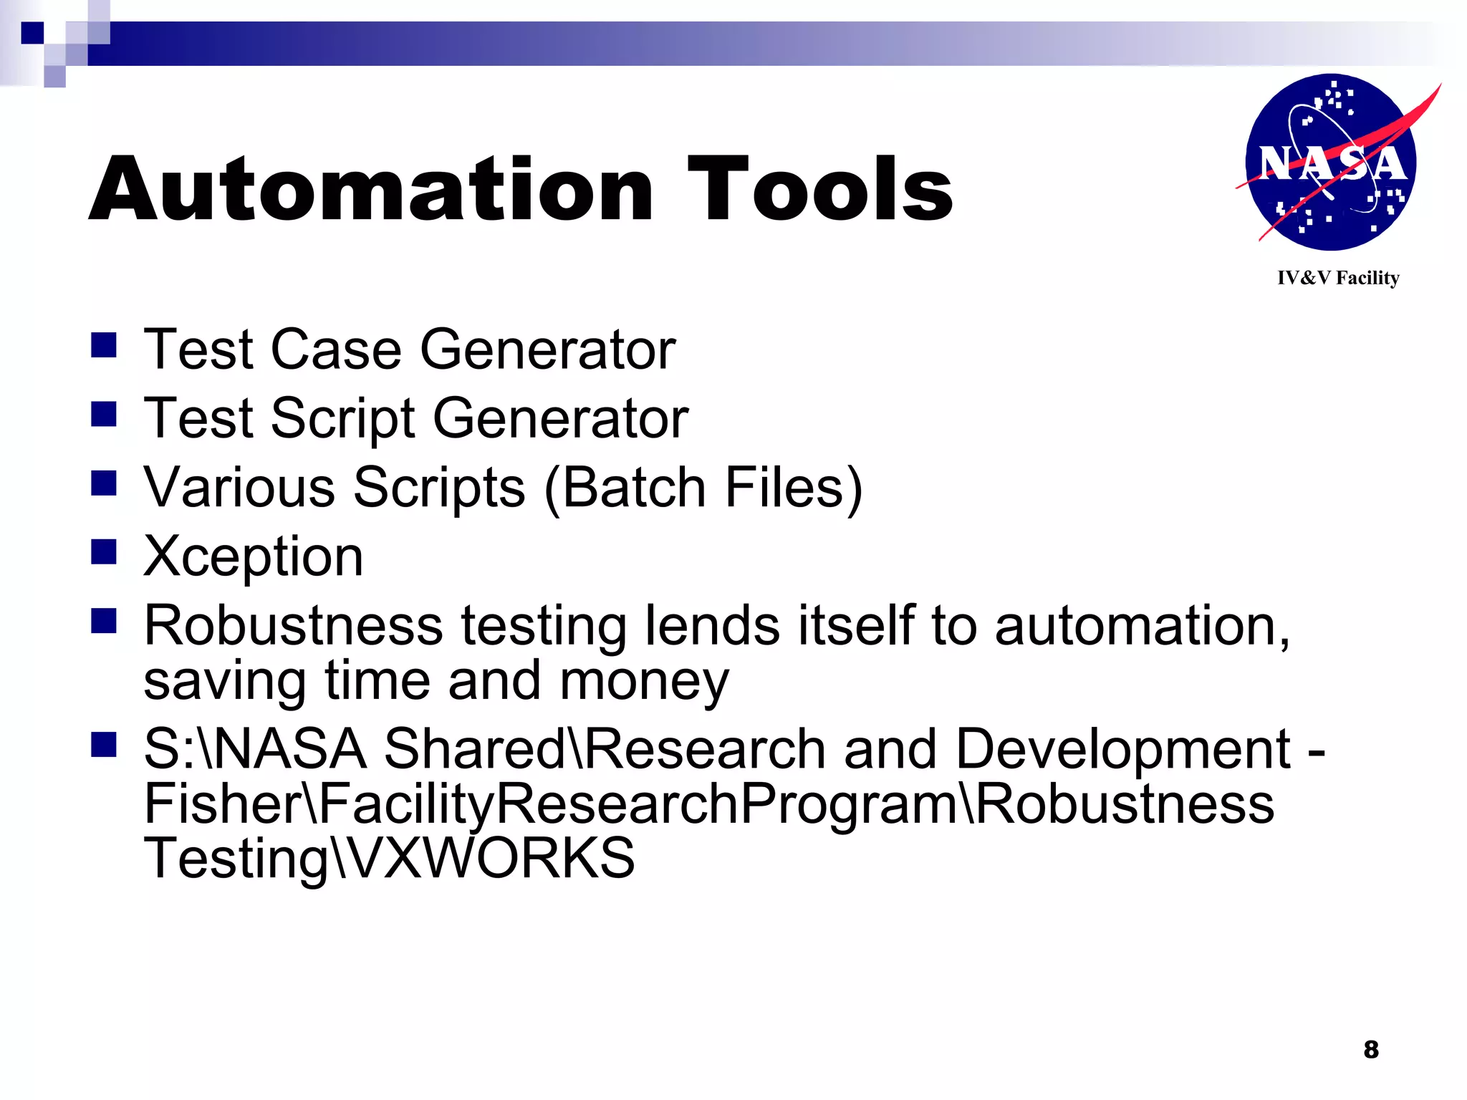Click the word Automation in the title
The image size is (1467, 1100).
pos(370,190)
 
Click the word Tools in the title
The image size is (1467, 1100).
pos(819,190)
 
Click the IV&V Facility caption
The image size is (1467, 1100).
pos(1338,278)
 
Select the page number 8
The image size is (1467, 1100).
pos(1371,1050)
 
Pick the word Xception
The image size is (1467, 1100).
pos(253,556)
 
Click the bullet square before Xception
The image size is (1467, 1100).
pos(104,552)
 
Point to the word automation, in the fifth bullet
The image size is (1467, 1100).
pos(1142,626)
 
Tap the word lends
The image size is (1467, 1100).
pos(712,626)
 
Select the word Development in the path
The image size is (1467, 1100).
pos(1122,749)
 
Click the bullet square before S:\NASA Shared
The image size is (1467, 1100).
pos(104,745)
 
